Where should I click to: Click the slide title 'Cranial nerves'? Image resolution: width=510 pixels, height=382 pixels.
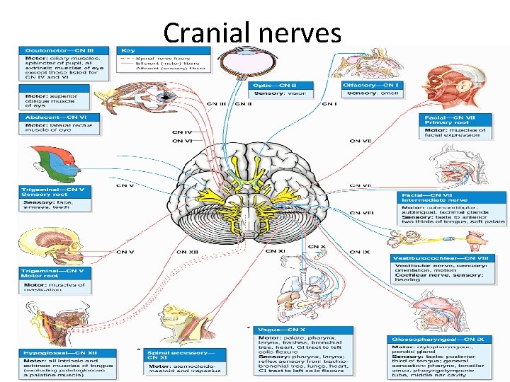pos(251,33)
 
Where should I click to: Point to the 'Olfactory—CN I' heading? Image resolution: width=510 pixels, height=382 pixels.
pos(372,86)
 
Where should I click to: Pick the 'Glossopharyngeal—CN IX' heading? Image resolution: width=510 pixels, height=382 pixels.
pos(438,340)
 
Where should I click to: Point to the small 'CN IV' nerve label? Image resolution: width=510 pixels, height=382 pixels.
pos(182,132)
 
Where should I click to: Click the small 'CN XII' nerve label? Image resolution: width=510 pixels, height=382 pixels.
pos(188,252)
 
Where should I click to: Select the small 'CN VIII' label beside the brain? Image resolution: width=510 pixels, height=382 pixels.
pos(362,212)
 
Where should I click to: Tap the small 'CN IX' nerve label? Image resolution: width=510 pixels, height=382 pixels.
pos(360,252)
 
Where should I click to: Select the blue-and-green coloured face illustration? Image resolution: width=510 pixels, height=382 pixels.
pos(43,163)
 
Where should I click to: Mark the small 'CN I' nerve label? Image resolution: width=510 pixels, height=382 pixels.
pos(329,104)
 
